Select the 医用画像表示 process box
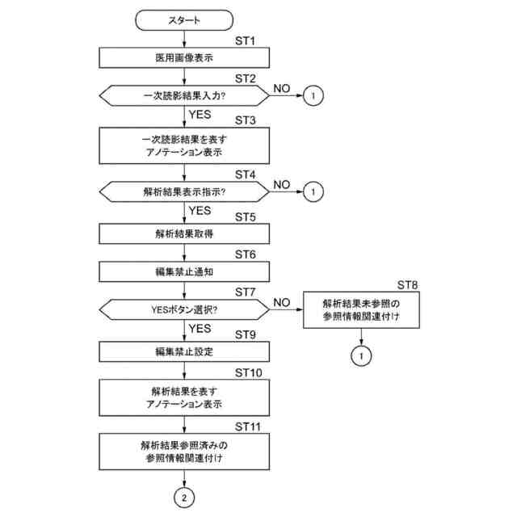(x=185, y=58)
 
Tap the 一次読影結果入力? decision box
(x=184, y=96)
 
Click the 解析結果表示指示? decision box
(x=184, y=192)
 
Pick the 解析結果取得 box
(x=185, y=233)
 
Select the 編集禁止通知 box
(x=185, y=271)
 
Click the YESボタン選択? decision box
(x=184, y=309)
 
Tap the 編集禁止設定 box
(x=185, y=351)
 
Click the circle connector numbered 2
(x=185, y=498)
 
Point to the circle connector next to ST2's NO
(x=315, y=96)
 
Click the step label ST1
(x=244, y=40)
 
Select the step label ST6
(x=244, y=254)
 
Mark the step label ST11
(x=248, y=424)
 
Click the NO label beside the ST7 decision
(x=281, y=302)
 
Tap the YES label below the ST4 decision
(x=200, y=210)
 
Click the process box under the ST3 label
(x=185, y=145)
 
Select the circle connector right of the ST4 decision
(x=315, y=192)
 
